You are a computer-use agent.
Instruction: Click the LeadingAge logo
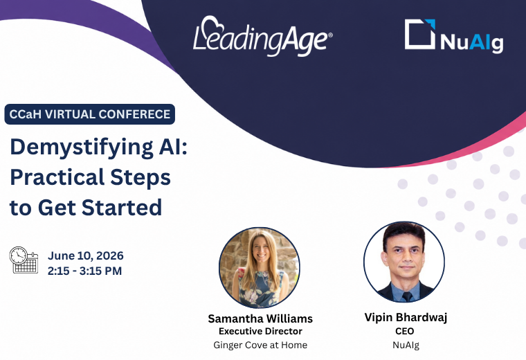coord(263,36)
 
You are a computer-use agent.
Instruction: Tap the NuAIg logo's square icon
coord(420,34)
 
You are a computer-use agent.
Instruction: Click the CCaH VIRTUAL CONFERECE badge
coord(89,114)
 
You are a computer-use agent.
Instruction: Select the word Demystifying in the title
coord(82,147)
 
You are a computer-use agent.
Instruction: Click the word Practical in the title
coord(57,177)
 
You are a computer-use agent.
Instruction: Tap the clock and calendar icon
coord(24,260)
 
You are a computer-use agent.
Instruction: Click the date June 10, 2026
coord(86,255)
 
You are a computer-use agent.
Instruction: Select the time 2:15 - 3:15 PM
coord(84,271)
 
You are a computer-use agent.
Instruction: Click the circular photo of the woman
coord(260,268)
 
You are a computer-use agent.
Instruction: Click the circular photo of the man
coord(404,262)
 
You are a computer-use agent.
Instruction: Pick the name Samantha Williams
coord(260,318)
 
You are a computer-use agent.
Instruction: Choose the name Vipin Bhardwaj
coord(406,317)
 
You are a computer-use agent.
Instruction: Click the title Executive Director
coord(260,331)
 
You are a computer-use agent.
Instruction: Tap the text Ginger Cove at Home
coord(260,345)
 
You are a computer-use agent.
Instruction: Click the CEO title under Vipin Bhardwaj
coord(405,331)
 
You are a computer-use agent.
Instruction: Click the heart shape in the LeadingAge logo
coord(213,24)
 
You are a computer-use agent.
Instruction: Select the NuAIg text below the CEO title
coord(406,345)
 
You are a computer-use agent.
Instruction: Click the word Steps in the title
coord(140,177)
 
